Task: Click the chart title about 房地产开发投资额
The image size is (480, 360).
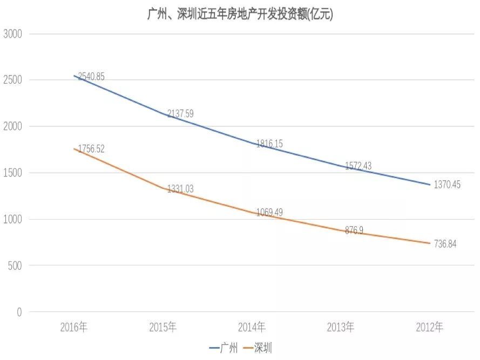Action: [240, 15]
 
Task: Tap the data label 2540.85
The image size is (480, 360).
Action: [91, 77]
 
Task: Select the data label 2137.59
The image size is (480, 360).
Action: [180, 113]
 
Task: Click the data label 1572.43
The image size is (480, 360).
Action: [358, 166]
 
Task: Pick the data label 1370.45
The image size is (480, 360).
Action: [448, 185]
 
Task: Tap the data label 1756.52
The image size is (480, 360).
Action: [91, 148]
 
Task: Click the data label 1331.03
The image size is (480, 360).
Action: [180, 189]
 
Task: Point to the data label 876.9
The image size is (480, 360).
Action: [354, 230]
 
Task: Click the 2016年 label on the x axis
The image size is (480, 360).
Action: [74, 327]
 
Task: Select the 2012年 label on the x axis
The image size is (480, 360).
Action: [430, 327]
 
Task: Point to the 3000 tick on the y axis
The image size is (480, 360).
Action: [12, 34]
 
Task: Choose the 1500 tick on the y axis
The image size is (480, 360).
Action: [12, 173]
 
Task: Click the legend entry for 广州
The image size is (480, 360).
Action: [224, 348]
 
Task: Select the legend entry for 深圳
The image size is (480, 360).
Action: [258, 348]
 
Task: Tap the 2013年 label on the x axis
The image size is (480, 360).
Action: [341, 327]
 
